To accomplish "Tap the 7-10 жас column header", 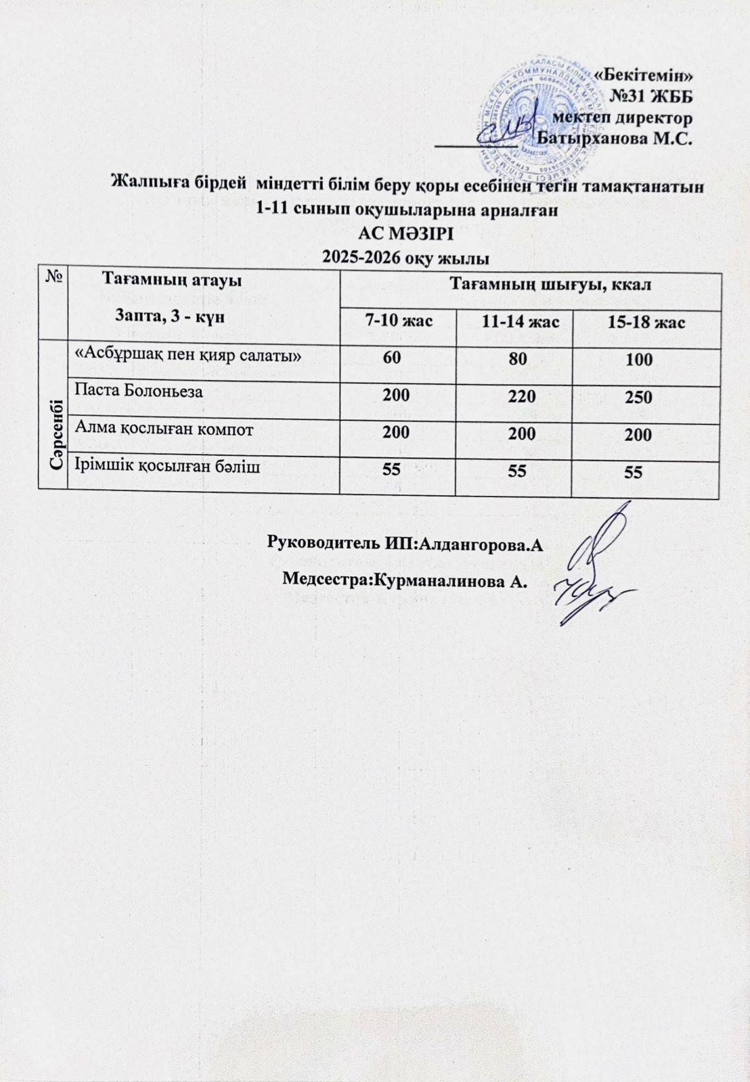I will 399,321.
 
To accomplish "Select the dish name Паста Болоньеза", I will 139,391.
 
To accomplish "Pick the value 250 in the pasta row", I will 638,396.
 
